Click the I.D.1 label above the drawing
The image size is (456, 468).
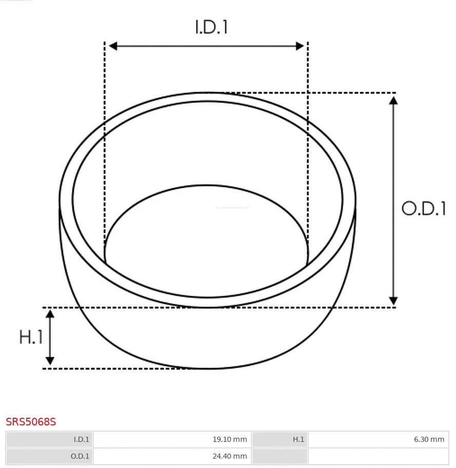click(211, 27)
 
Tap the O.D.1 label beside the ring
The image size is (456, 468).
click(423, 209)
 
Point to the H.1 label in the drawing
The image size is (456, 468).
click(31, 337)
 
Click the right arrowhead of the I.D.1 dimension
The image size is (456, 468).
click(300, 46)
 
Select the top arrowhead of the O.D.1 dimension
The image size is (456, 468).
click(393, 100)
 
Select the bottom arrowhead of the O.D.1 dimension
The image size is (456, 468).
click(393, 300)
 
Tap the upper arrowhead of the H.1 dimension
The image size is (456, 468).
click(50, 314)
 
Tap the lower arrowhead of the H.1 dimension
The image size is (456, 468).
click(50, 360)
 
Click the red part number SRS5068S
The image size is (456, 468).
click(31, 422)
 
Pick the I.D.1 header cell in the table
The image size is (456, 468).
click(50, 439)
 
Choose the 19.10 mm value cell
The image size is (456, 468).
click(172, 439)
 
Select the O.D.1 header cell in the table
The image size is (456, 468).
click(50, 456)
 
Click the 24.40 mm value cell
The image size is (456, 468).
click(172, 456)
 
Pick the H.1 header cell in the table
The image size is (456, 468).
click(280, 439)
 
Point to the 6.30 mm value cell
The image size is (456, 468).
click(378, 439)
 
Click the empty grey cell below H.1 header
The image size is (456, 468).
click(280, 456)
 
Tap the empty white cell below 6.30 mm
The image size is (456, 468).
click(378, 456)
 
